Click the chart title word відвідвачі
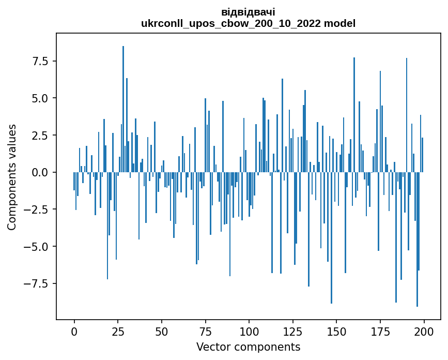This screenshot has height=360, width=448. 248,12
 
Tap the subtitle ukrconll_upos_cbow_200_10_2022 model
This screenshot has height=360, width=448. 248,23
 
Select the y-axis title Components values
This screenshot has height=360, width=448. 11,177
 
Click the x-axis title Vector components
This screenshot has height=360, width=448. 248,347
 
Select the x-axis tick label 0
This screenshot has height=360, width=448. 74,331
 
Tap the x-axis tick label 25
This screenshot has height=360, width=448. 118,331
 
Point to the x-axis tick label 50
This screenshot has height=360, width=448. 162,331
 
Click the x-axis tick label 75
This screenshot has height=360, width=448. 205,331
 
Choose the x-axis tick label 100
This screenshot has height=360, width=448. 249,331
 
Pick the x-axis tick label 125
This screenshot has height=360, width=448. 293,331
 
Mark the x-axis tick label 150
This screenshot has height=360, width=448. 336,331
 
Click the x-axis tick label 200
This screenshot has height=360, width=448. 424,331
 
